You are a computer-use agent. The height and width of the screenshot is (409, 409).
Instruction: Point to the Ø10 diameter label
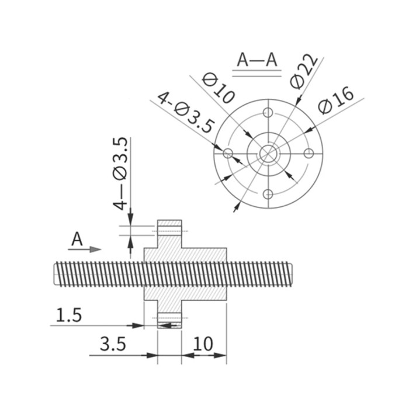coord(219,88)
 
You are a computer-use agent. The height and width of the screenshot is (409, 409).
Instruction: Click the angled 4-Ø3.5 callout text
coord(186,112)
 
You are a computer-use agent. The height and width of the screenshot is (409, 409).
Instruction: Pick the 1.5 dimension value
coord(69,315)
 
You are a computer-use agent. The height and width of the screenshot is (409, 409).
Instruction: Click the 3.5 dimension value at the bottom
coord(113,344)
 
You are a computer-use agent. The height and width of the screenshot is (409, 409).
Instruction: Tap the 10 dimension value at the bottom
coord(203,344)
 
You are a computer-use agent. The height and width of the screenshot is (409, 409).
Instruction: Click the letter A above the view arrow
coord(77,239)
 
